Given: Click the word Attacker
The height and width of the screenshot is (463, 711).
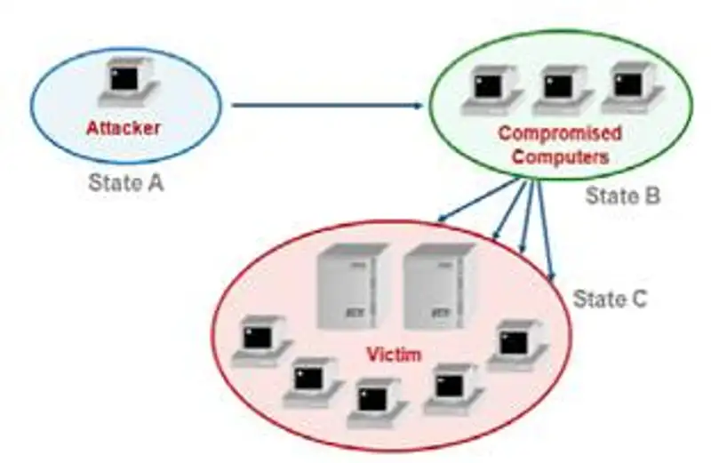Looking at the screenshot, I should [123, 128].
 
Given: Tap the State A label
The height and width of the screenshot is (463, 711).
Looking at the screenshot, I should [126, 183].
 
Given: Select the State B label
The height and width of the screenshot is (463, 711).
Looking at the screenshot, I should [622, 196].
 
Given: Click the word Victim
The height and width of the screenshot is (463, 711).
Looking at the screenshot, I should [394, 355].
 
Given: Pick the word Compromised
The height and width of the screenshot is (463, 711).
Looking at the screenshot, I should [559, 135].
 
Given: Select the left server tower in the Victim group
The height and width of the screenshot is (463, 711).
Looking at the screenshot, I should [354, 287].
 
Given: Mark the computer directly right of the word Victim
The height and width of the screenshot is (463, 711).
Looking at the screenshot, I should [451, 388].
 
